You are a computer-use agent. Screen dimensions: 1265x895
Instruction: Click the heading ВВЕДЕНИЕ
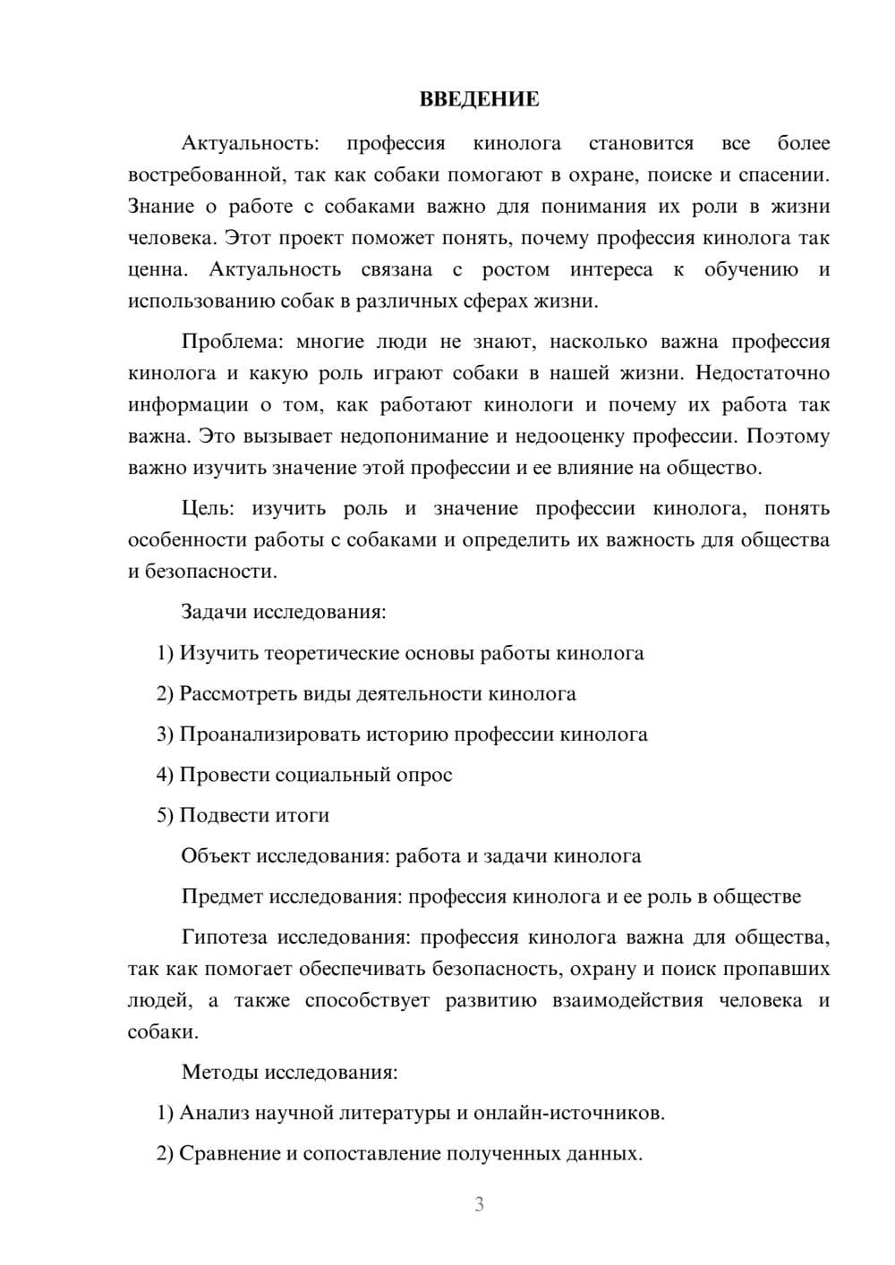click(x=479, y=99)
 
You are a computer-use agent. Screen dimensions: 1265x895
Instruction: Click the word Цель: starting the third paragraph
click(x=208, y=508)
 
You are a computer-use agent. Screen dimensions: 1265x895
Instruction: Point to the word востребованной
click(x=204, y=174)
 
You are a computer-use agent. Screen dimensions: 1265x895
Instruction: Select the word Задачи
click(x=215, y=612)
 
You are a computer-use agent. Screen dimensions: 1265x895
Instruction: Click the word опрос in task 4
click(x=423, y=775)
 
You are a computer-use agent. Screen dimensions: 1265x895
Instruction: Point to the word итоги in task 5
click(x=303, y=815)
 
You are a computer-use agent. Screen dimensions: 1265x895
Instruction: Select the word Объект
click(x=216, y=856)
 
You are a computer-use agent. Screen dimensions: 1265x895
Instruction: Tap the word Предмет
click(x=222, y=896)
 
